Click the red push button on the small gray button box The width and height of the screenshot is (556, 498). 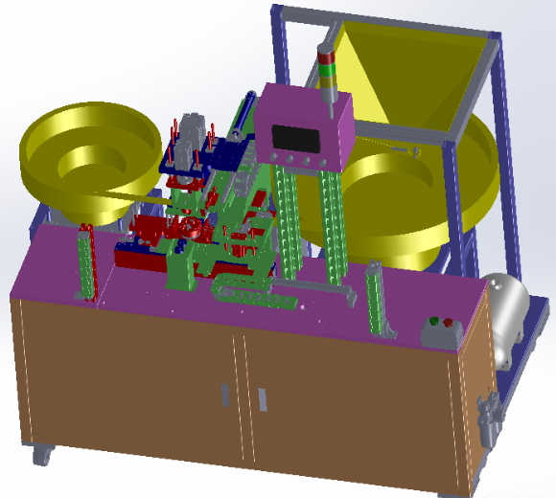click(447, 323)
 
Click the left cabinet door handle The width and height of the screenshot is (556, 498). click(224, 394)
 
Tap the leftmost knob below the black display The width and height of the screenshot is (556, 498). click(274, 158)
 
